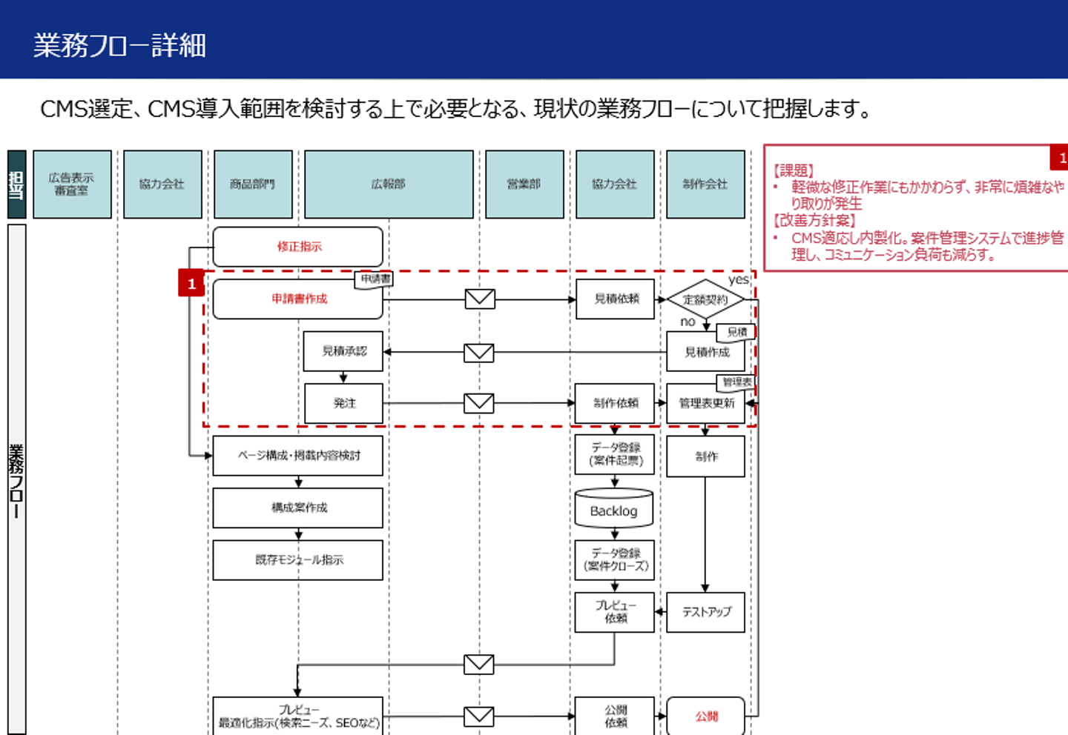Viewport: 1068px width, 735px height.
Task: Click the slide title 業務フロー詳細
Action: [x=119, y=45]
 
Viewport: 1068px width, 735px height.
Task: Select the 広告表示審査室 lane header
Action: [x=72, y=184]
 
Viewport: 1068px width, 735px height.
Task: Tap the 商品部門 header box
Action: [x=253, y=184]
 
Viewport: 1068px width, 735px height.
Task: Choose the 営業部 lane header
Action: [x=524, y=184]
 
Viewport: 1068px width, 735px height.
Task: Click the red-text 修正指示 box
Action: [x=298, y=247]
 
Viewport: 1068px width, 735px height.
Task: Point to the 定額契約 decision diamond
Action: [x=705, y=299]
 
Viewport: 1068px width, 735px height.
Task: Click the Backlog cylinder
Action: [x=614, y=510]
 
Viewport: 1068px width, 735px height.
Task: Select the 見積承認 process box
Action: [x=343, y=351]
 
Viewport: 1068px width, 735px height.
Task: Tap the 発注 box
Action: [x=343, y=403]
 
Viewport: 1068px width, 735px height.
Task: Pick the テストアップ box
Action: [x=705, y=612]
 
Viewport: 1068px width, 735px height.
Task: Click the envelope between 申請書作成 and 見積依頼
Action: [x=480, y=299]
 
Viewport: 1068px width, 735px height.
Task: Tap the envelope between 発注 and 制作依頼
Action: [x=479, y=403]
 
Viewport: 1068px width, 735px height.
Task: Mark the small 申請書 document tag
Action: [x=375, y=279]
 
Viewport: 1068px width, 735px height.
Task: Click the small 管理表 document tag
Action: [x=736, y=382]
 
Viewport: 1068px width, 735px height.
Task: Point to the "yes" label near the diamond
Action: [x=739, y=279]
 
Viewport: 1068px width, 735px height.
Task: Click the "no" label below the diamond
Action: [x=688, y=322]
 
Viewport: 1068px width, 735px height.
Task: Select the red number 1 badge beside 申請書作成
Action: [x=191, y=283]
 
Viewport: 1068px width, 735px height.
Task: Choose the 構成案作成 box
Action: [x=298, y=508]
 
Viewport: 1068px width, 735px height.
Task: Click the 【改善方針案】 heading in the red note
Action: [x=814, y=220]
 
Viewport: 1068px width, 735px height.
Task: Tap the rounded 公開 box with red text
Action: [x=705, y=716]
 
